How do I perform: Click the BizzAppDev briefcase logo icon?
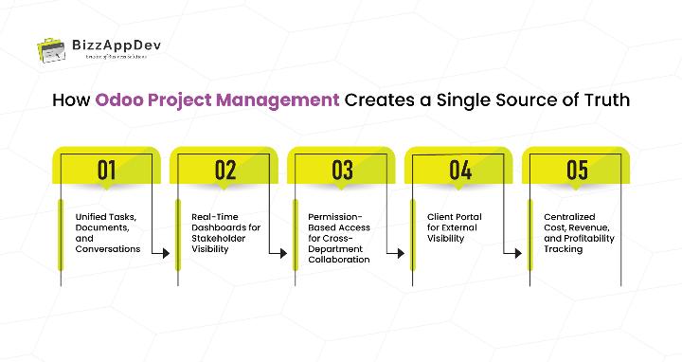coord(51,47)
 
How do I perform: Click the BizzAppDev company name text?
coord(110,43)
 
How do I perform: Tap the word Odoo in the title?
coord(117,100)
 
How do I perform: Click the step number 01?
coord(107,170)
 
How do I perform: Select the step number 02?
coord(224,170)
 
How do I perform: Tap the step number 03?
coord(342,170)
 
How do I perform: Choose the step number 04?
coord(460,170)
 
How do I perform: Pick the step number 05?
coord(578,170)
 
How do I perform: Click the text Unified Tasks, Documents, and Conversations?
coord(107,233)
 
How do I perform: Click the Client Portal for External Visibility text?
coord(454,227)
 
